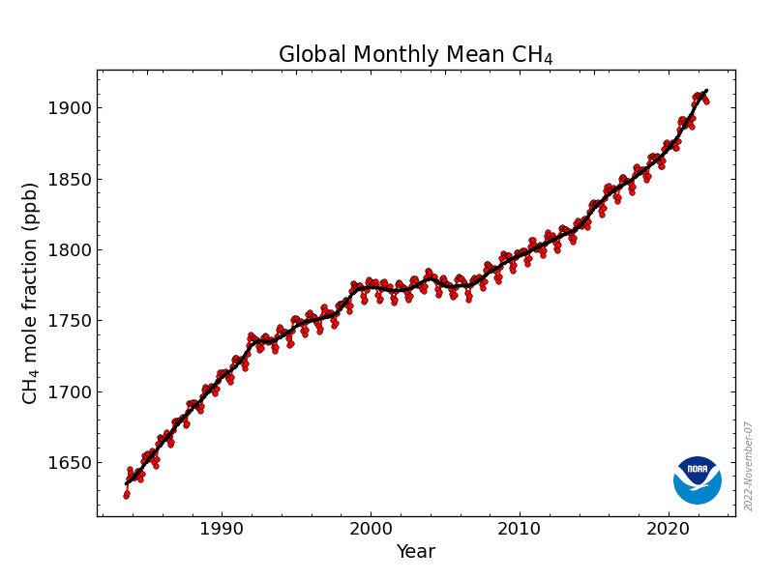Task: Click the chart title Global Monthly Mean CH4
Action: (x=415, y=55)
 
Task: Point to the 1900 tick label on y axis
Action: (x=71, y=107)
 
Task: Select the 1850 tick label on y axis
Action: (x=71, y=179)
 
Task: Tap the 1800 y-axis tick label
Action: (x=71, y=249)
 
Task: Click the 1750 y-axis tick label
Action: (x=71, y=321)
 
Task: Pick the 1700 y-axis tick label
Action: (x=71, y=391)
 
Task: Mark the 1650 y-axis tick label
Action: (x=71, y=463)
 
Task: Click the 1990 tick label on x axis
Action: (x=222, y=530)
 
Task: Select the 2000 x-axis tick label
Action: (x=371, y=530)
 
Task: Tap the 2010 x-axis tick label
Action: (x=520, y=530)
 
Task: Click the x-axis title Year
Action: (x=415, y=553)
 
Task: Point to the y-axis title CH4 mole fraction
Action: (x=31, y=293)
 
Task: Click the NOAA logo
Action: (x=698, y=479)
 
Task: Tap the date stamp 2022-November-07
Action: (x=749, y=466)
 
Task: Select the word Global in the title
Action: (x=310, y=55)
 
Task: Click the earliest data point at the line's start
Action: (x=126, y=495)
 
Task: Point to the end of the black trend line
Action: (x=706, y=91)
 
